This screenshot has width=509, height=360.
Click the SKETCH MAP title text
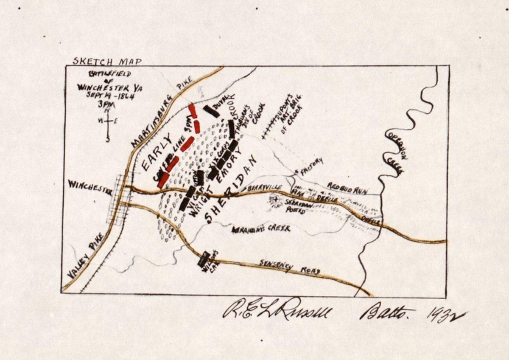pos(107,61)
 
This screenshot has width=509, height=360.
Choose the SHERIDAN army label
pos(231,189)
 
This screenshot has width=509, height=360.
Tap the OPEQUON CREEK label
pos(396,151)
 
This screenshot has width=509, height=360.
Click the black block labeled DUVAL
pos(211,111)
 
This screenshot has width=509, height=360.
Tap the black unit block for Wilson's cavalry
pos(204,259)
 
